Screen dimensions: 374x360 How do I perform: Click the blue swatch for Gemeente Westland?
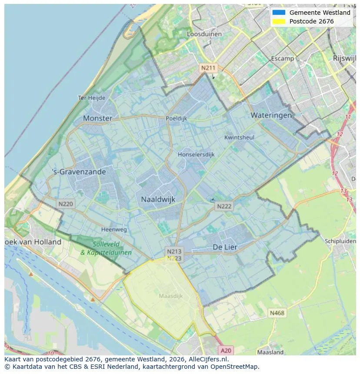[279, 13]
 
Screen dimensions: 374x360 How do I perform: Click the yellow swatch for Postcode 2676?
[279, 21]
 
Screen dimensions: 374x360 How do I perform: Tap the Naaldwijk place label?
[158, 199]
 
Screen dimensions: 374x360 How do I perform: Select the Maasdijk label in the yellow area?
[171, 296]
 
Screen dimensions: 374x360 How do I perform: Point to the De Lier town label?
[225, 247]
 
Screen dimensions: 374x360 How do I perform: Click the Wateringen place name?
[271, 115]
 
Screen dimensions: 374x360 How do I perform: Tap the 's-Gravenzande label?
[79, 172]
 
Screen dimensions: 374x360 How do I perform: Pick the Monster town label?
[97, 118]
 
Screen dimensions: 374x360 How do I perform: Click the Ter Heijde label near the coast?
[91, 98]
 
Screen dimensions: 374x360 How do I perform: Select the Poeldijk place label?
[177, 118]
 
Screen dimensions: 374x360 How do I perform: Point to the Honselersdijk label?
[196, 154]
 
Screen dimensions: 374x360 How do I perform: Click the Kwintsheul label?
[239, 137]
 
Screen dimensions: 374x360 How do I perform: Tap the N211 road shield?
[208, 68]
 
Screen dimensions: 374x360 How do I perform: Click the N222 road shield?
[224, 206]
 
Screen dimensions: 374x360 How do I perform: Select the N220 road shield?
[66, 203]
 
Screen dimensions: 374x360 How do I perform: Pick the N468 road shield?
[277, 313]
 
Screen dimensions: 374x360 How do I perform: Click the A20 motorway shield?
[226, 350]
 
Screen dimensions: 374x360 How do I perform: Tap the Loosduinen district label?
[204, 34]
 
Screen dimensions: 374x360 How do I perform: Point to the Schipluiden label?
[340, 241]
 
